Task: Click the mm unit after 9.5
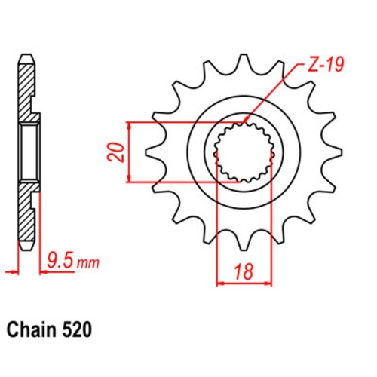[88, 263]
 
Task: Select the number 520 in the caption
[78, 329]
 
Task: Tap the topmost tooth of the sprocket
[243, 63]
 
